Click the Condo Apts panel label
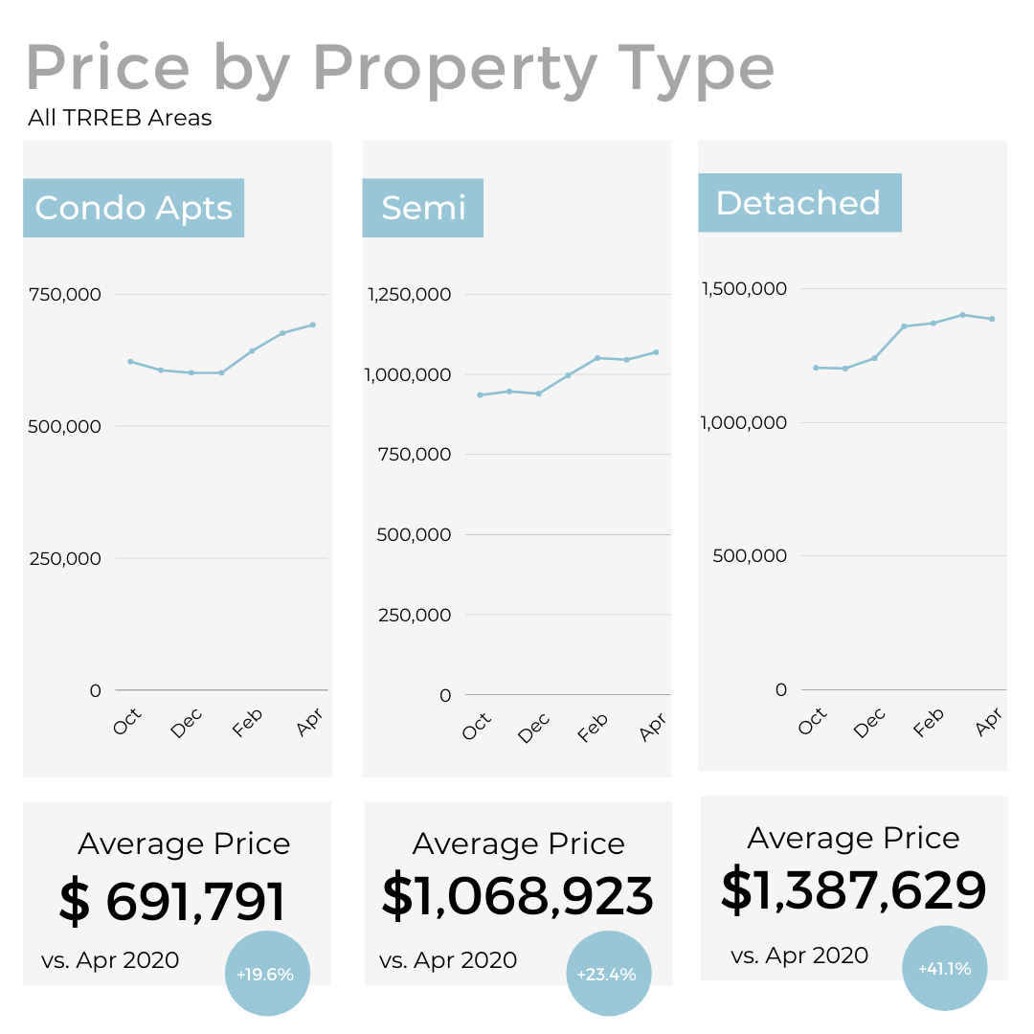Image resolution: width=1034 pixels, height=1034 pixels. pos(133,208)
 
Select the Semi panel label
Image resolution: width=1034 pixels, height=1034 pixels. pos(423,208)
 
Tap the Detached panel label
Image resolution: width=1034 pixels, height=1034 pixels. pos(798,203)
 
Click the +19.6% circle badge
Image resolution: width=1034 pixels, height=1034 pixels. pos(266,974)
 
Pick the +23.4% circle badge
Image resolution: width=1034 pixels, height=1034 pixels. pos(608,974)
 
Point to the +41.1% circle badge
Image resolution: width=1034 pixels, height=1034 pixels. pos(944,968)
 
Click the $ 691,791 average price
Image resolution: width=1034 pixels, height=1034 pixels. pos(172,902)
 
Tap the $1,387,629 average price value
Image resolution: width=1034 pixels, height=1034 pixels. pos(853,890)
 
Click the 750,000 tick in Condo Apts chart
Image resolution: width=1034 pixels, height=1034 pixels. pos(65,294)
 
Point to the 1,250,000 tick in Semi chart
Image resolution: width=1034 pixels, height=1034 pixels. pos(410,294)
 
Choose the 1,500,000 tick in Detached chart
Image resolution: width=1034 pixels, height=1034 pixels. pos(745,288)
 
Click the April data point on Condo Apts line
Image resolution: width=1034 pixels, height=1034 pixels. pos(312,325)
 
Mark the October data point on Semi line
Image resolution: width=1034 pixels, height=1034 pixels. pos(479,394)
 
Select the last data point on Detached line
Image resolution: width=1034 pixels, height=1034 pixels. pos(992,319)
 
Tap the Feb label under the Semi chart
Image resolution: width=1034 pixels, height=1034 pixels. pos(594,728)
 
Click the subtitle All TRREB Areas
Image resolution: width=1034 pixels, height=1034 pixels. pos(120,119)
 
